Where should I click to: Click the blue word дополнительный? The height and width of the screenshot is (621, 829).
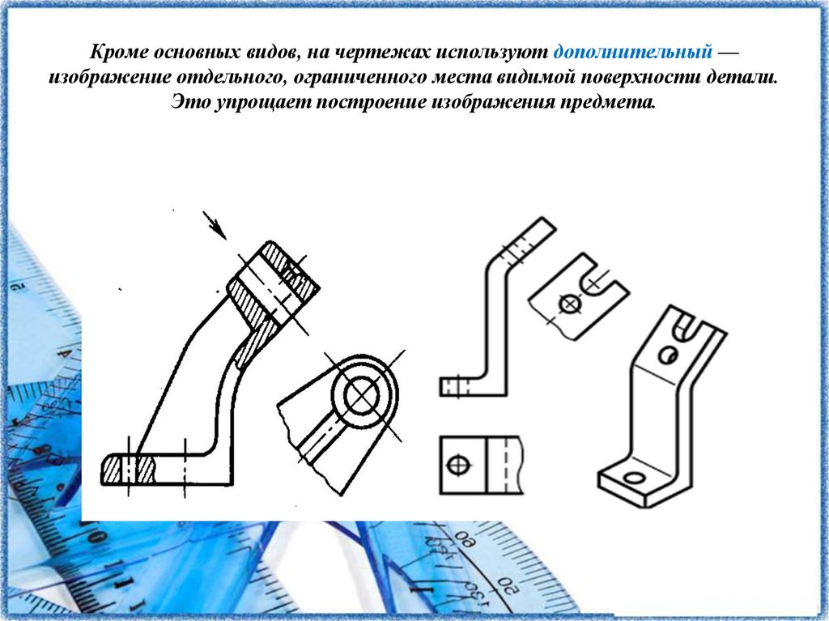click(633, 53)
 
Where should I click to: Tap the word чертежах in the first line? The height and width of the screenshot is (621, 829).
click(385, 53)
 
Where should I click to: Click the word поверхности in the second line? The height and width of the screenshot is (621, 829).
click(639, 77)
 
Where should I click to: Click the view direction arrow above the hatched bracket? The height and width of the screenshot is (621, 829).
click(215, 225)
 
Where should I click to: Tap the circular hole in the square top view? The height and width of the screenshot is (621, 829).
click(458, 466)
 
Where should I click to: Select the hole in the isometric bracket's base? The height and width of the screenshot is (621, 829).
click(635, 479)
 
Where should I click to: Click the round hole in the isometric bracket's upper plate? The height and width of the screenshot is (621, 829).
click(668, 355)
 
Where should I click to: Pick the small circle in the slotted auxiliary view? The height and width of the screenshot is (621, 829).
click(569, 304)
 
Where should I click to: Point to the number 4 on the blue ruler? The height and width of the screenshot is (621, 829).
click(66, 353)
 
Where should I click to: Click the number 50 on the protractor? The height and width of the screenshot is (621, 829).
click(508, 586)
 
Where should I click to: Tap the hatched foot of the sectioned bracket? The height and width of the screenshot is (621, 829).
click(129, 469)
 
